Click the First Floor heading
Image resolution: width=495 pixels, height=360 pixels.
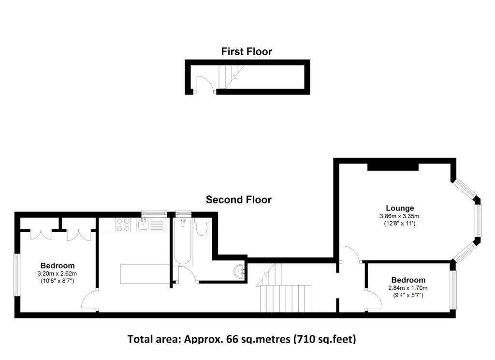coord(247,51)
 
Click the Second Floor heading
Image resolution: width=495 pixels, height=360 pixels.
coord(239,200)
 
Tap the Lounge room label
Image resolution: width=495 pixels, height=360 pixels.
coord(400,208)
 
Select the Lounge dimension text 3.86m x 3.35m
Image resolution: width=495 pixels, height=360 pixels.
coord(399,216)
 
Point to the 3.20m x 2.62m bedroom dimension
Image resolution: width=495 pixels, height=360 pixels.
coord(57,274)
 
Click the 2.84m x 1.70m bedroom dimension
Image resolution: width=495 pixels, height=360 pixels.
coord(408,288)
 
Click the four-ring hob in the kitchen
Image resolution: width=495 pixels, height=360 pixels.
coord(123,225)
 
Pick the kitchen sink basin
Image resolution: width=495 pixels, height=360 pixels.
coord(144,225)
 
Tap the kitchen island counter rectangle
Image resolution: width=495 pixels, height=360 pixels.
coord(145,274)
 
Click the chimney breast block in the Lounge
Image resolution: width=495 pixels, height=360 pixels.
coord(393,166)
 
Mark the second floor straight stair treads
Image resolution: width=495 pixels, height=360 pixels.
coord(286,299)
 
